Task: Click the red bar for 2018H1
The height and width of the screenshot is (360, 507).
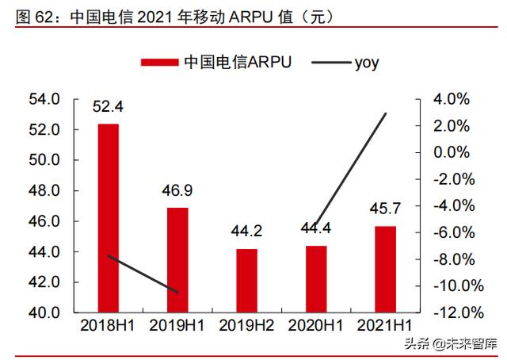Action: point(109,218)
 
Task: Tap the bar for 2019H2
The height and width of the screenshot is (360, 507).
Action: point(246,281)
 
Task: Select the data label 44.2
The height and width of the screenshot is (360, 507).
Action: point(246,232)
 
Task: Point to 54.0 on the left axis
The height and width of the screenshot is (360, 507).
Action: point(44,99)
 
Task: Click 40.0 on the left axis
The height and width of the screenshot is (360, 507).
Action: point(44,312)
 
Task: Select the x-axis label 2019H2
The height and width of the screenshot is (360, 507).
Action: point(246,326)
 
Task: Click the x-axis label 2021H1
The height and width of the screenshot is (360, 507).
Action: point(384,326)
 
